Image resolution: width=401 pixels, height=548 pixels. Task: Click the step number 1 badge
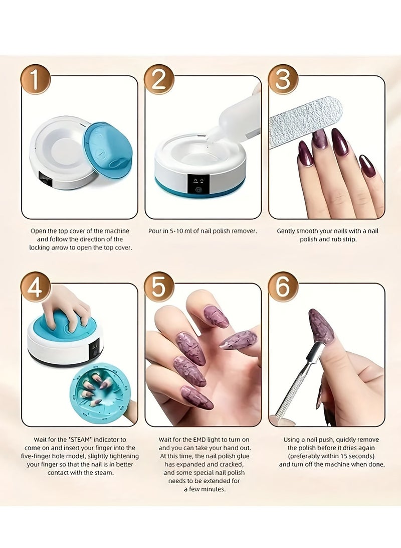(36, 79)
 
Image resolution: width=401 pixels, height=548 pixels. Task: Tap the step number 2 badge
(159, 79)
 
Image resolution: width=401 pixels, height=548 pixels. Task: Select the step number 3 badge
(283, 79)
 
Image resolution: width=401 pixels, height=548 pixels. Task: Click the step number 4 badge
(36, 287)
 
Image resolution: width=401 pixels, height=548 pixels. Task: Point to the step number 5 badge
(159, 287)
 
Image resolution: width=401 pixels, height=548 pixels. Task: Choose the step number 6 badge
(283, 287)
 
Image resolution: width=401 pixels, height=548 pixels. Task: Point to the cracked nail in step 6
(321, 326)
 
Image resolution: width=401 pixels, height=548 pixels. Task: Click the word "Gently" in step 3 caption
(288, 231)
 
